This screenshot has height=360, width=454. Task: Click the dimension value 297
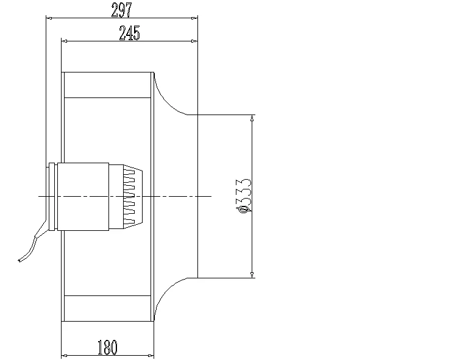tap(122, 9)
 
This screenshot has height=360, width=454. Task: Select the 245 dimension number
tap(129, 34)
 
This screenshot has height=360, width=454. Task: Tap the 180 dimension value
tap(107, 348)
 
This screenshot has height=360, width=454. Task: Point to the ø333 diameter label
tap(244, 195)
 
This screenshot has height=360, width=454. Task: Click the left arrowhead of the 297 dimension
tap(51, 18)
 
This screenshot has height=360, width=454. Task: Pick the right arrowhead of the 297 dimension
tap(194, 18)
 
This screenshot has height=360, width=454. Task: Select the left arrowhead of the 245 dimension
tap(66, 41)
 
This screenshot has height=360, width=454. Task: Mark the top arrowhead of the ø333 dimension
tap(252, 118)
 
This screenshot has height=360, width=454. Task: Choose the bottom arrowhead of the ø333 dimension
tap(252, 274)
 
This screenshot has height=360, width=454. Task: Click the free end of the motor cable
tap(19, 261)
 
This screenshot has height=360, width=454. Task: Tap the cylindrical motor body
tap(83, 197)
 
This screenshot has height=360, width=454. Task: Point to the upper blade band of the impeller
tap(108, 85)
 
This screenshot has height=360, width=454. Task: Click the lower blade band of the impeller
tap(108, 308)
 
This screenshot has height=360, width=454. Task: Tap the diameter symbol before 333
tap(244, 209)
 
